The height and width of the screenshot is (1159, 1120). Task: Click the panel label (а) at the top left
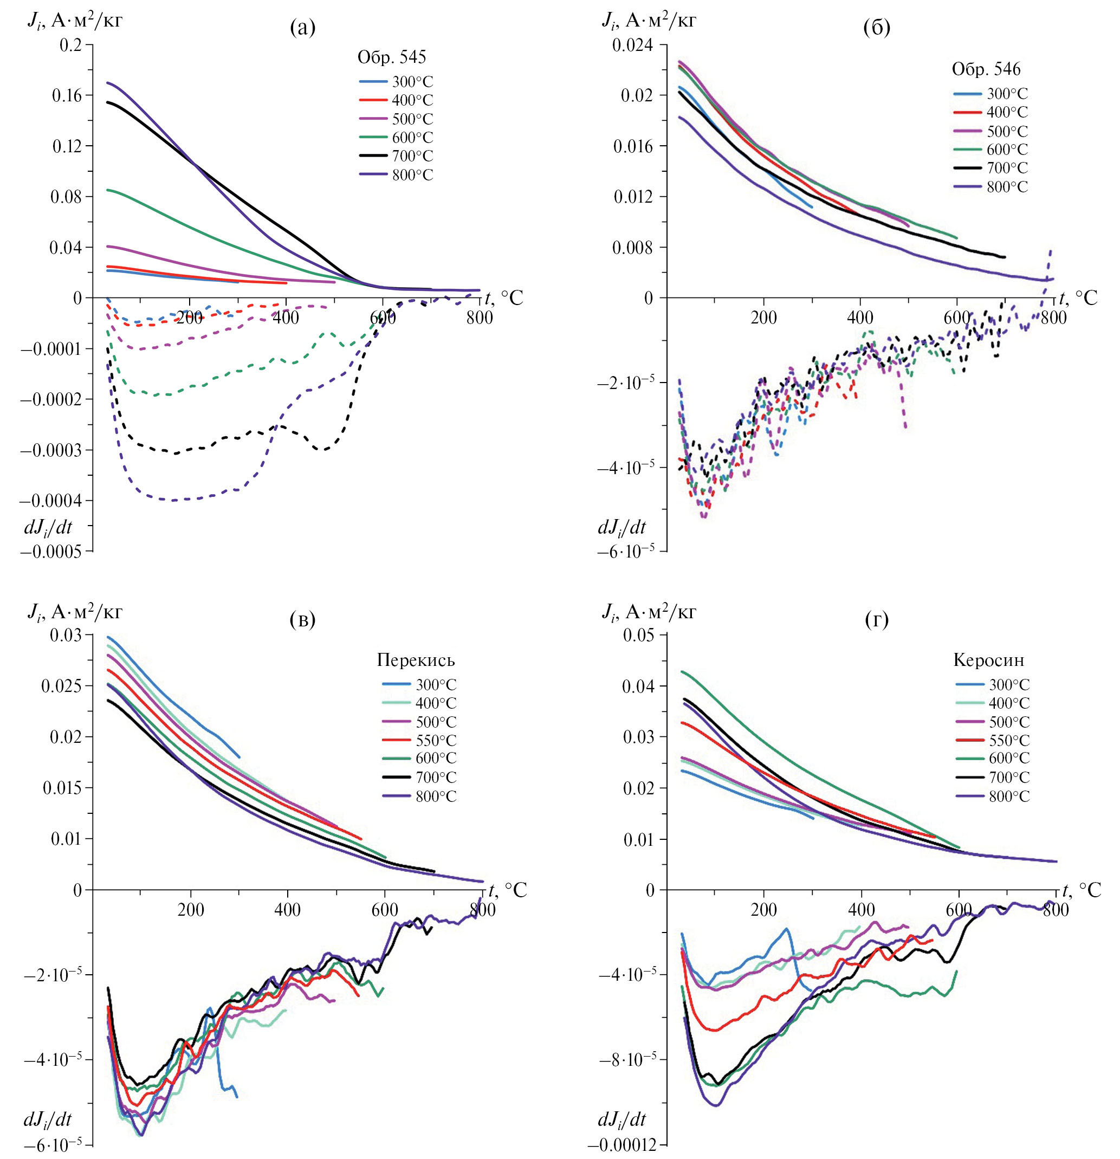click(303, 27)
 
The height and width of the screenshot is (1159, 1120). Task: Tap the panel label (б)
click(876, 27)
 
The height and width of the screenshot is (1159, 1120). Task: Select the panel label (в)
click(303, 619)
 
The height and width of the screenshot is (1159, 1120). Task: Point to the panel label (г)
click(876, 619)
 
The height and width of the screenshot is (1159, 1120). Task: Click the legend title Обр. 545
click(391, 57)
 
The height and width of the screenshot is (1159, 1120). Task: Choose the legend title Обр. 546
click(986, 69)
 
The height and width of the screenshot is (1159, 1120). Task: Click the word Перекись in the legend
click(416, 660)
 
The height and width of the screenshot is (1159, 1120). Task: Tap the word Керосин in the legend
click(988, 660)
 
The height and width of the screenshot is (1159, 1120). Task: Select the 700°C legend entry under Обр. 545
click(412, 156)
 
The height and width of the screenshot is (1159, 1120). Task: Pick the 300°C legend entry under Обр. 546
click(1007, 93)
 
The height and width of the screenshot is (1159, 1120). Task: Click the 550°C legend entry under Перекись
click(436, 740)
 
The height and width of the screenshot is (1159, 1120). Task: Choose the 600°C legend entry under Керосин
click(1009, 758)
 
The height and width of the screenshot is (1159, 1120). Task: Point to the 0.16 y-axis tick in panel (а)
click(67, 95)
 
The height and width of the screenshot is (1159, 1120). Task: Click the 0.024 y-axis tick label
click(632, 45)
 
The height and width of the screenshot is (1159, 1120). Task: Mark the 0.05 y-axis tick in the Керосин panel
click(639, 636)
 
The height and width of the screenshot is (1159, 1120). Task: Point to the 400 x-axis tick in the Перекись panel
click(287, 910)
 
